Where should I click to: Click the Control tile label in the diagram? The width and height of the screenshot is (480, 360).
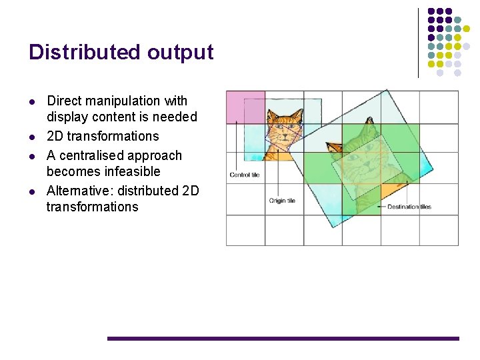[x=244, y=175]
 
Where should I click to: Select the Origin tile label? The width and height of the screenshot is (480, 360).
[x=282, y=200]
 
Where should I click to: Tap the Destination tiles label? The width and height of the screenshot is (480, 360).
[x=409, y=207]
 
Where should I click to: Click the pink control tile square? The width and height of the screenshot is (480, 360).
[x=245, y=107]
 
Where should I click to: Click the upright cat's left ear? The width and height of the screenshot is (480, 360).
[x=272, y=115]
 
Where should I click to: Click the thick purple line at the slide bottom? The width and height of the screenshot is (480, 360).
[x=283, y=339]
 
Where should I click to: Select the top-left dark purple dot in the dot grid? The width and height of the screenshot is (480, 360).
[x=431, y=12]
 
